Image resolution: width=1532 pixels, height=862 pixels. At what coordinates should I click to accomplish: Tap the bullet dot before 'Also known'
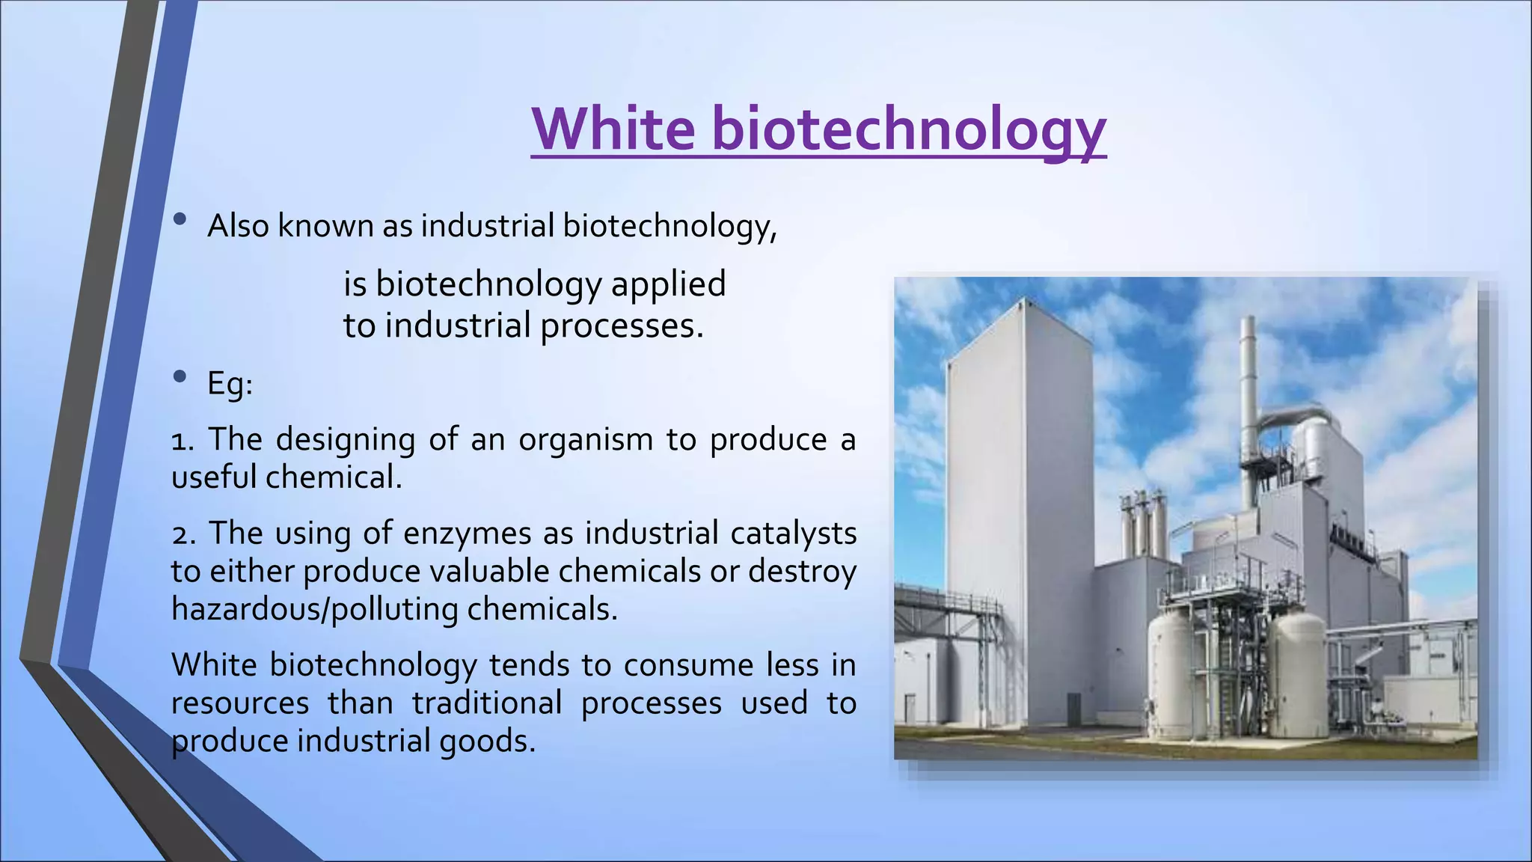point(180,219)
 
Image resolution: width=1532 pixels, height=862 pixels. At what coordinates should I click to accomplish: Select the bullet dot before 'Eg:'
point(180,377)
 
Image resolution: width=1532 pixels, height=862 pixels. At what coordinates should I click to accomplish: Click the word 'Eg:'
point(230,385)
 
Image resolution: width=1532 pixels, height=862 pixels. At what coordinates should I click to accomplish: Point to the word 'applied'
point(668,284)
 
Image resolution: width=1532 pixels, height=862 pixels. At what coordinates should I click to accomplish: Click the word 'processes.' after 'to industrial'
point(622,326)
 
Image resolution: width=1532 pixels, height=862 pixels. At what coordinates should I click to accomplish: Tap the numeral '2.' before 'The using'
point(183,534)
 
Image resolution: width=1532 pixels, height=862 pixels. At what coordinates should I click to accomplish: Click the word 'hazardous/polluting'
point(314,610)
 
